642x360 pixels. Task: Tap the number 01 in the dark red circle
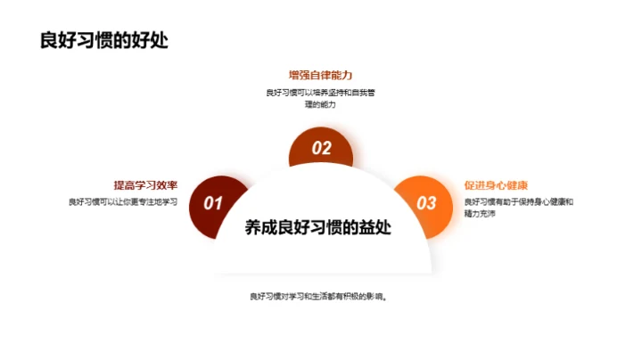point(213,203)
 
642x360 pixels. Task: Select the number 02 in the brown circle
point(321,149)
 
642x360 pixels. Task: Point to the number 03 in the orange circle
point(427,203)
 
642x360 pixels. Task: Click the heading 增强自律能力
point(319,75)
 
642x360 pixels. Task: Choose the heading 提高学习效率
point(145,185)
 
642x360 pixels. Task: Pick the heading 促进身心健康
point(496,185)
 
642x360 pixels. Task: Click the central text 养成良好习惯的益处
point(321,227)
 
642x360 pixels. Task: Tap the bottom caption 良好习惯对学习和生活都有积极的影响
point(321,296)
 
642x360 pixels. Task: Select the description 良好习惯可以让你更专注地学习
point(123,201)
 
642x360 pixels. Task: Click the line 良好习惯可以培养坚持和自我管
point(319,92)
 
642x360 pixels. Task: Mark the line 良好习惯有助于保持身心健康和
point(519,201)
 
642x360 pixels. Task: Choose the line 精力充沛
point(480,214)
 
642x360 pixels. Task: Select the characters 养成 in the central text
point(261,227)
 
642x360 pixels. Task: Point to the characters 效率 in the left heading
point(167,185)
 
